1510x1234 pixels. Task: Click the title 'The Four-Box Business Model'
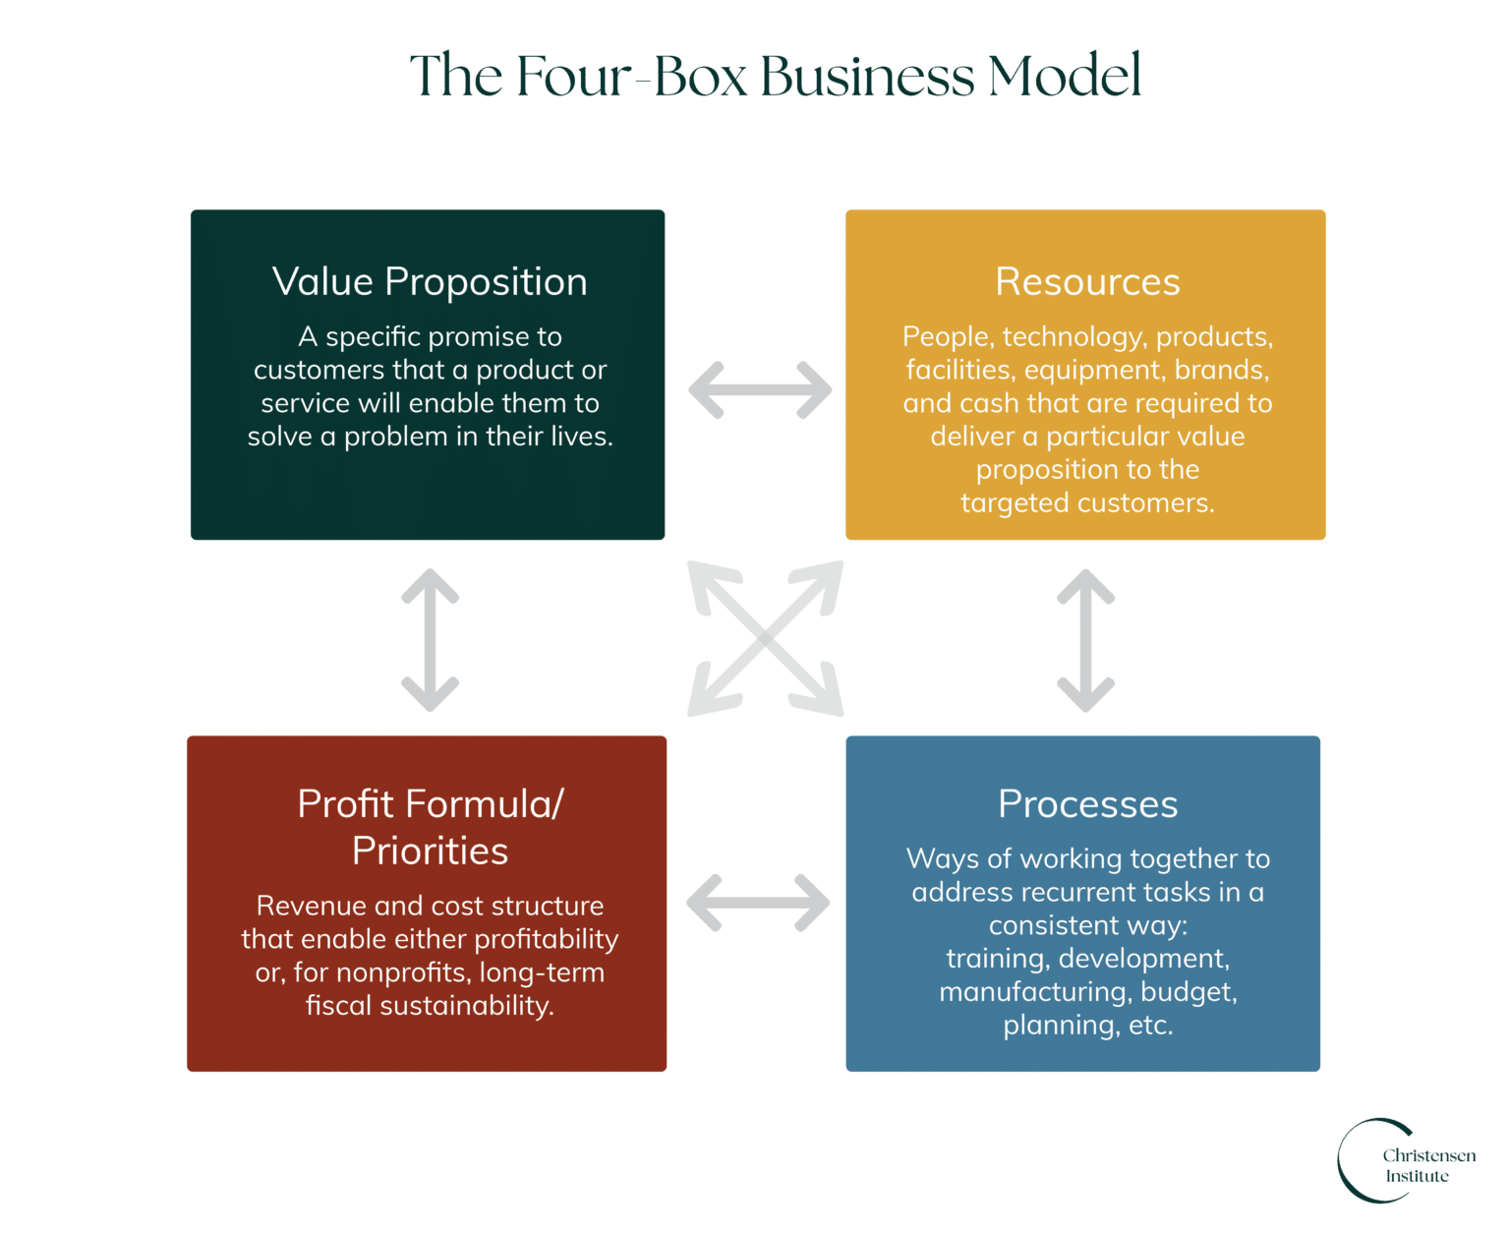[x=775, y=76]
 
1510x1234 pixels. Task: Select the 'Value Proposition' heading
[x=430, y=282]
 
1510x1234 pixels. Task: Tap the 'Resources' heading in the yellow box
[x=1087, y=282]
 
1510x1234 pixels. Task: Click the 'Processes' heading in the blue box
[x=1087, y=804]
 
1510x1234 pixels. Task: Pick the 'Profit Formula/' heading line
[x=431, y=804]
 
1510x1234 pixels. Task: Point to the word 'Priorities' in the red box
[x=431, y=852]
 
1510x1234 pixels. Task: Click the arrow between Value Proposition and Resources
[x=759, y=390]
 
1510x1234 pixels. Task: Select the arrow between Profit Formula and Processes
[x=757, y=902]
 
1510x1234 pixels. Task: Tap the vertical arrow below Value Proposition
[x=431, y=639]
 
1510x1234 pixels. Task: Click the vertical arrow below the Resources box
[x=1085, y=639]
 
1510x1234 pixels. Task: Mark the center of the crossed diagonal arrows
[x=765, y=638]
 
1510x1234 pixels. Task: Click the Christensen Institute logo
[x=1406, y=1162]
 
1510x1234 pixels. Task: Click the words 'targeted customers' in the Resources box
[x=1087, y=503]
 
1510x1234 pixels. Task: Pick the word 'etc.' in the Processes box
[x=1150, y=1026]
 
